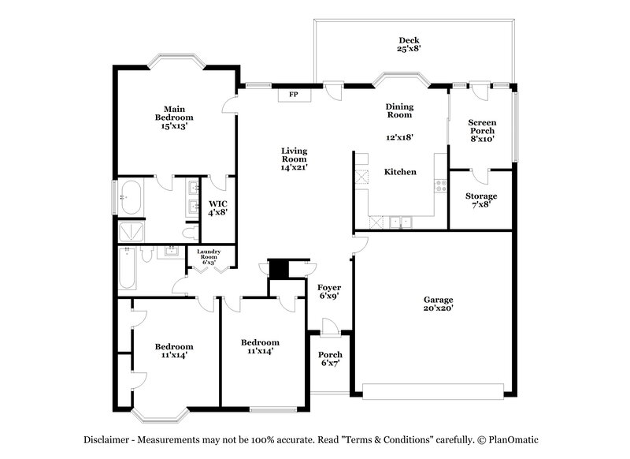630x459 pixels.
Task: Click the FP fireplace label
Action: (x=294, y=95)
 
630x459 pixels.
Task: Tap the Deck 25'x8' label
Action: (x=409, y=44)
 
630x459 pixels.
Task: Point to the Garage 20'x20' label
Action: (x=439, y=304)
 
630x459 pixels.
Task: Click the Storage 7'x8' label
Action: (x=480, y=200)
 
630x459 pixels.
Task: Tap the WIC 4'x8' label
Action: (x=217, y=207)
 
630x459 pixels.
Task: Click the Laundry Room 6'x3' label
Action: (x=208, y=256)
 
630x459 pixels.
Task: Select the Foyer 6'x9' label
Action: (x=329, y=292)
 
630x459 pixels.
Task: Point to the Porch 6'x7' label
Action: (x=330, y=360)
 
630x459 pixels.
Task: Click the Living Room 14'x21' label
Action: (x=295, y=159)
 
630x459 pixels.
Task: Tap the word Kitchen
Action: (x=400, y=172)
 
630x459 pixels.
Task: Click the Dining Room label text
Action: (x=399, y=110)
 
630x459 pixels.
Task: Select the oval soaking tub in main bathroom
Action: (x=132, y=197)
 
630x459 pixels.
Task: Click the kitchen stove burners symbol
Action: (x=440, y=188)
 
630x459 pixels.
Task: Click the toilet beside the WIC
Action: (x=189, y=233)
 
